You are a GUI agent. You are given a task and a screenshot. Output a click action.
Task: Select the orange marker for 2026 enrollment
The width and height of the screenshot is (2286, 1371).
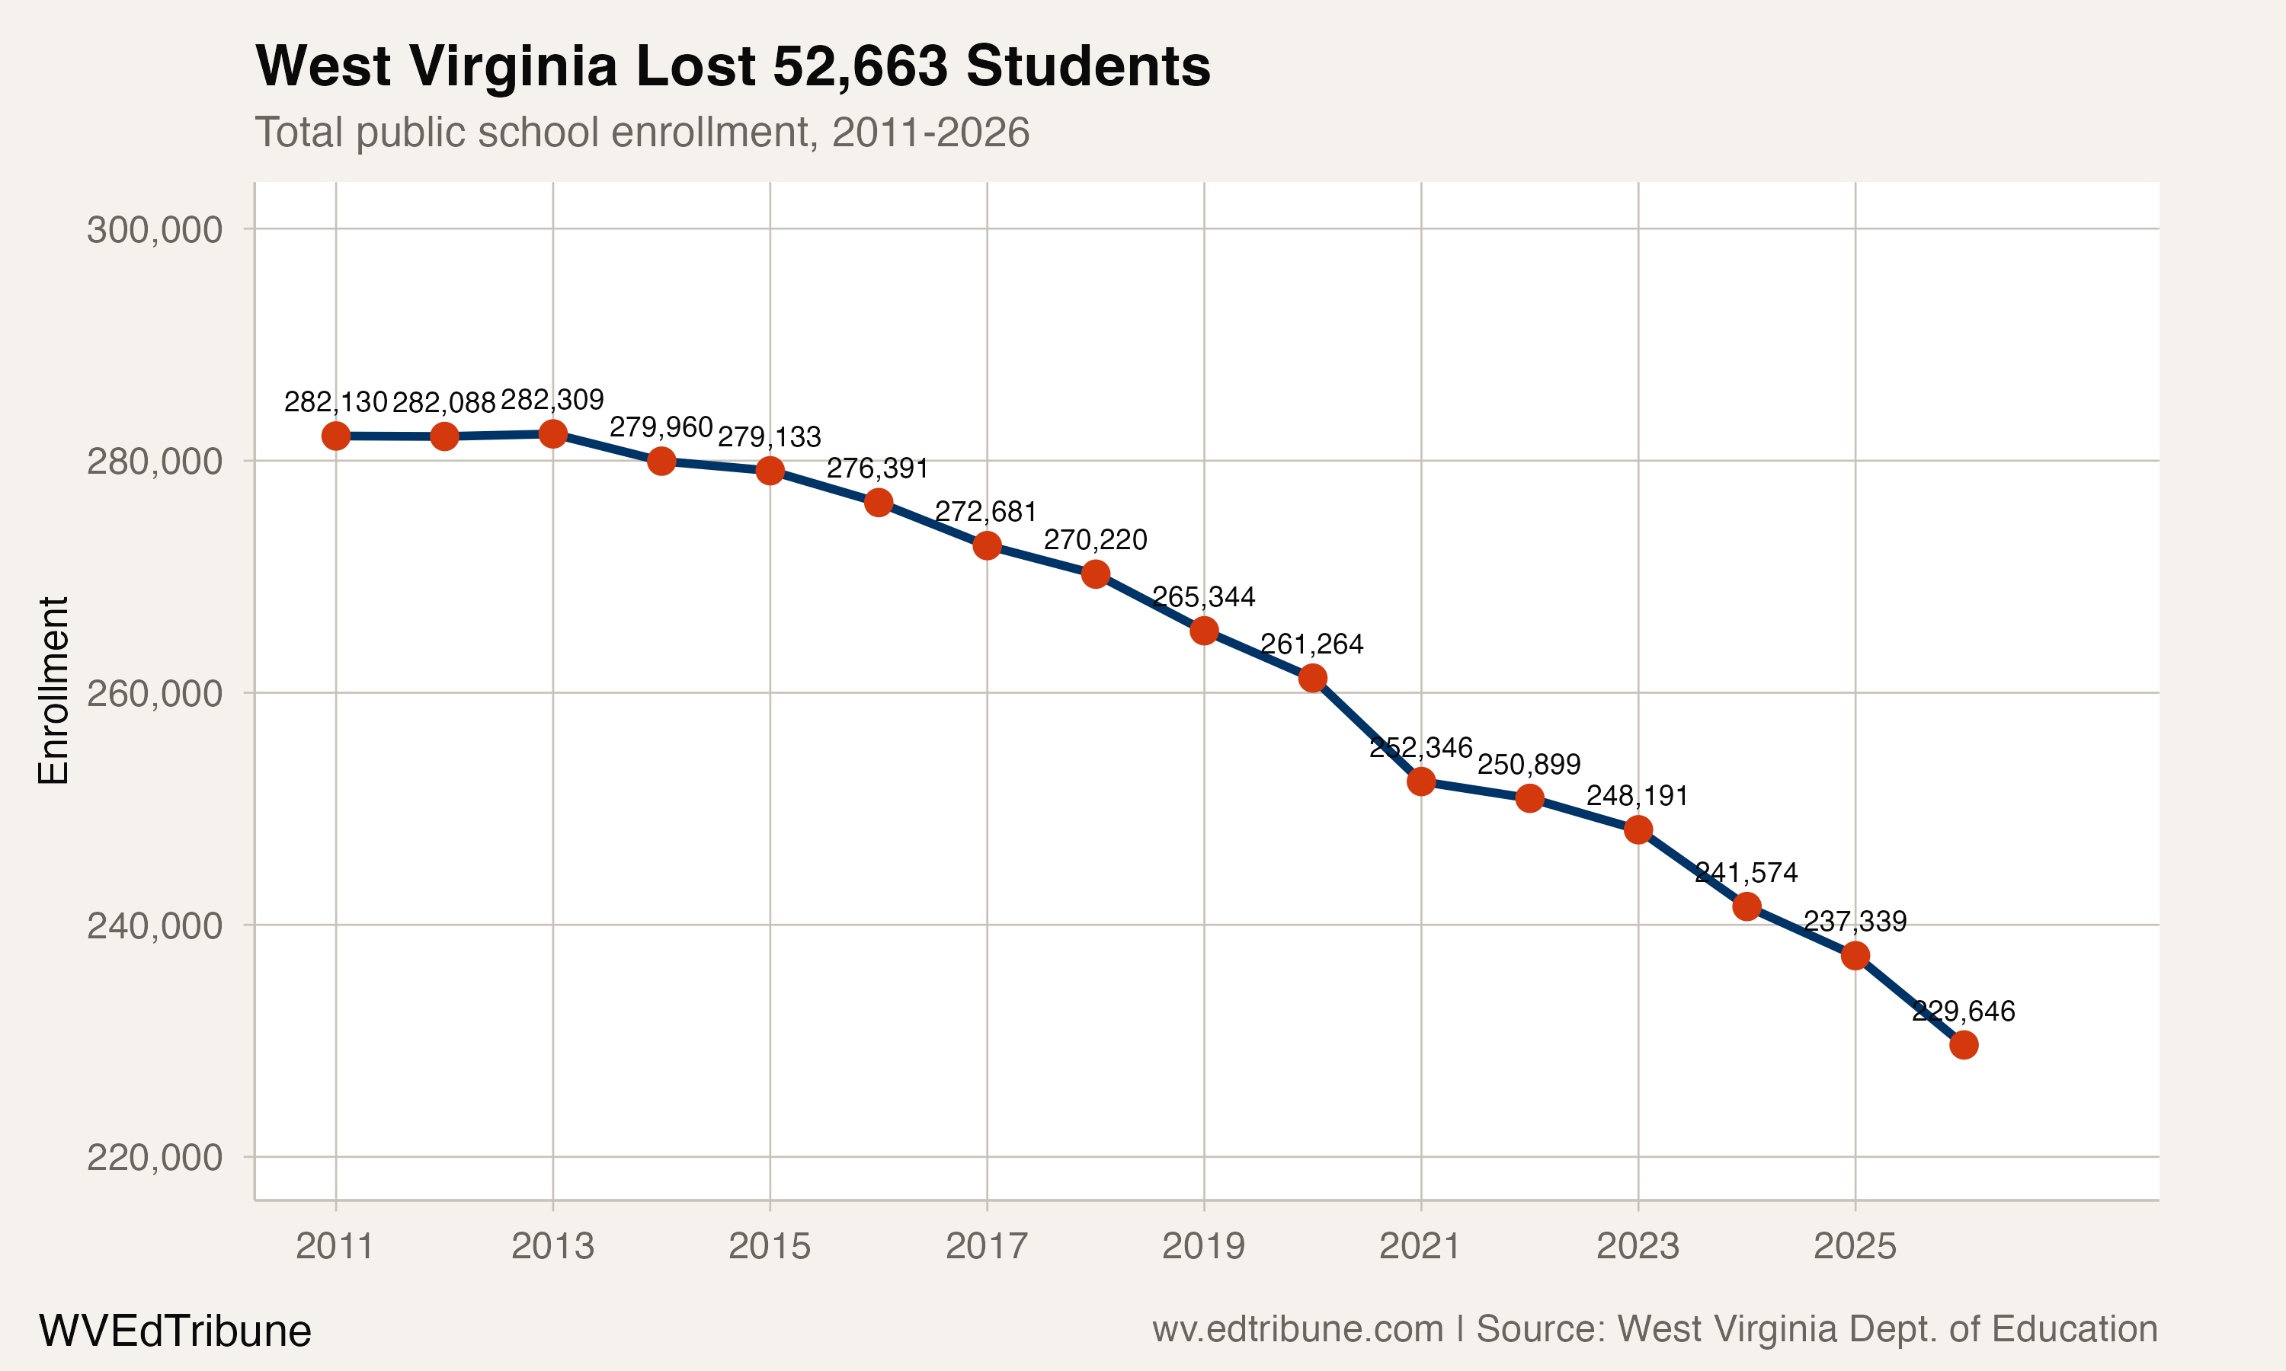1964,1045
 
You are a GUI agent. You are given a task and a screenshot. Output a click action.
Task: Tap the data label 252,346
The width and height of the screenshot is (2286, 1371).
1420,747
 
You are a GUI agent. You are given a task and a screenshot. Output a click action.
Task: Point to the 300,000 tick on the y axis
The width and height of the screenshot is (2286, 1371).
155,229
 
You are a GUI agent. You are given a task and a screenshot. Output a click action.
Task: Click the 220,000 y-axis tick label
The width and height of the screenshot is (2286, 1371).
155,1157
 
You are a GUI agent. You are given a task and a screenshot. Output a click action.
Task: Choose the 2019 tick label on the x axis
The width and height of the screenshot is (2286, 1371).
1203,1246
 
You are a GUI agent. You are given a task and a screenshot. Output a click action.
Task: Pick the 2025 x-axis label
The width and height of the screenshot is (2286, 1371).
1855,1246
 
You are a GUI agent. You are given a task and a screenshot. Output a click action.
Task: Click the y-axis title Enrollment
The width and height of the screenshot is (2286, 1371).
53,690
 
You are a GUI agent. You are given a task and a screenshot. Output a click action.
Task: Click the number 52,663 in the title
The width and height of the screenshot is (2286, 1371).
860,66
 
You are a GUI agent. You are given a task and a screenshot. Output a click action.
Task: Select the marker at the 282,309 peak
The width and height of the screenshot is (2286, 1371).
552,433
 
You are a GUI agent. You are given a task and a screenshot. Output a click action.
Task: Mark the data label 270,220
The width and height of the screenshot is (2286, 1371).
1095,539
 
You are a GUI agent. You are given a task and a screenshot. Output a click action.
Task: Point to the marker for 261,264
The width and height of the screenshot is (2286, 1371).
1312,678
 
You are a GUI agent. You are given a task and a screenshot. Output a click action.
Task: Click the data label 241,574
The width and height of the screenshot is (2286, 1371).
1746,872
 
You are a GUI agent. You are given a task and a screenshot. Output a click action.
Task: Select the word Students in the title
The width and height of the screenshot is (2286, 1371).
1087,66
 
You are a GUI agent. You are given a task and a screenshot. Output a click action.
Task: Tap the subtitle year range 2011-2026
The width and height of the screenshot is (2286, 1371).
930,132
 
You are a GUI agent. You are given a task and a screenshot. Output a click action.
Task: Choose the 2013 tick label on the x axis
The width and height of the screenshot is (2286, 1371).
552,1246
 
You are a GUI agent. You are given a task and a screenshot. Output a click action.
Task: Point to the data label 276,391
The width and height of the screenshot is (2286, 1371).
877,468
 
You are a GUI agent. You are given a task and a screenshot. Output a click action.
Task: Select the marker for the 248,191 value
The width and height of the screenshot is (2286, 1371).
1638,829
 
